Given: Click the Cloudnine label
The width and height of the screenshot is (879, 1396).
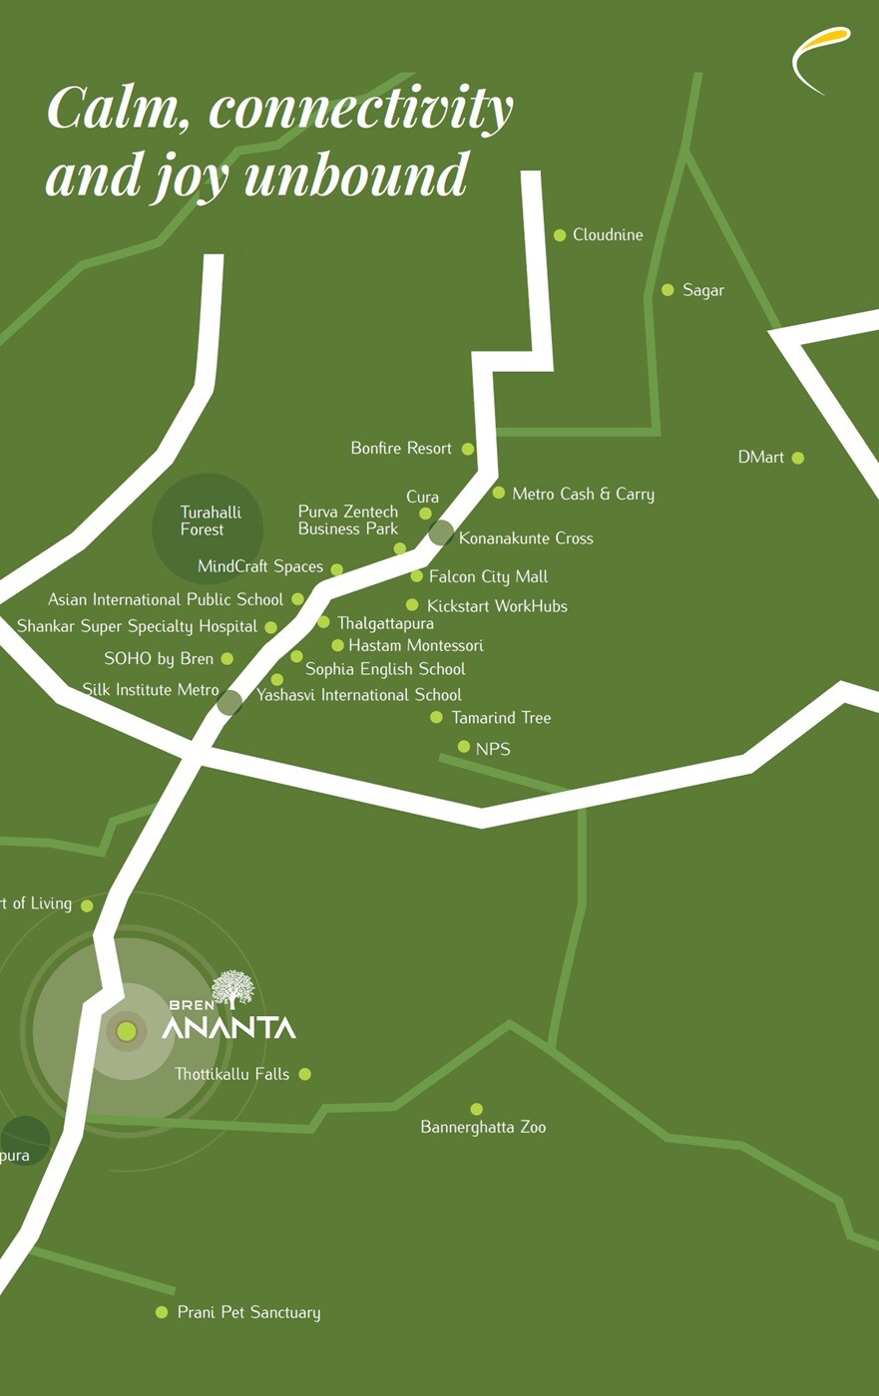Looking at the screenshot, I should click(607, 235).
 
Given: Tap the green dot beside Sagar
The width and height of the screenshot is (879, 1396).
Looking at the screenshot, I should click(667, 290).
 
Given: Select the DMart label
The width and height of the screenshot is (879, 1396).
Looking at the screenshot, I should click(760, 458).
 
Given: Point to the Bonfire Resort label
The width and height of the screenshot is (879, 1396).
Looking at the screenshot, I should click(401, 449).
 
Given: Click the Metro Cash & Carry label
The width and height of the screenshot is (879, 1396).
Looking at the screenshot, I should click(583, 494).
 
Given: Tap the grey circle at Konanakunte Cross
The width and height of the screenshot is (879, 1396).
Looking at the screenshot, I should click(441, 532).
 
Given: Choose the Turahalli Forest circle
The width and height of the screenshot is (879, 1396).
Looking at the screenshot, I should click(208, 527).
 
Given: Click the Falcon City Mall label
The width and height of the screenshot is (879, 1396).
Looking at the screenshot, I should click(488, 576).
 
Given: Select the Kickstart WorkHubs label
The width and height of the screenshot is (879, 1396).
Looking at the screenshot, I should click(497, 606).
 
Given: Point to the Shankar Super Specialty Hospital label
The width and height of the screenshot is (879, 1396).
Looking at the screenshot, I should click(137, 627).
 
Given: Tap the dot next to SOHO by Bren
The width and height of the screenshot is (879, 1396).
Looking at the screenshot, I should click(227, 659).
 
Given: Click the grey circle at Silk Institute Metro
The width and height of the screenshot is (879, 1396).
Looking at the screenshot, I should click(229, 702).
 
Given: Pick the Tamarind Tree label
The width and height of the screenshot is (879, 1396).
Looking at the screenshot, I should click(500, 718).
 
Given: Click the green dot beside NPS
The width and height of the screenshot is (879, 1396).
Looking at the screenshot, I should click(464, 747).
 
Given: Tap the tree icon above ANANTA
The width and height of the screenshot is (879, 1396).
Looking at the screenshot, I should click(233, 988).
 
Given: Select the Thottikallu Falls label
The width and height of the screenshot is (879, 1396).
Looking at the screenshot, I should click(231, 1074).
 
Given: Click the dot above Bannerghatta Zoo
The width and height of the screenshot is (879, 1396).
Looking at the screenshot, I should click(477, 1109).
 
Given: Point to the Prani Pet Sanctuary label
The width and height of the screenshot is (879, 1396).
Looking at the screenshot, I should click(248, 1312).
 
